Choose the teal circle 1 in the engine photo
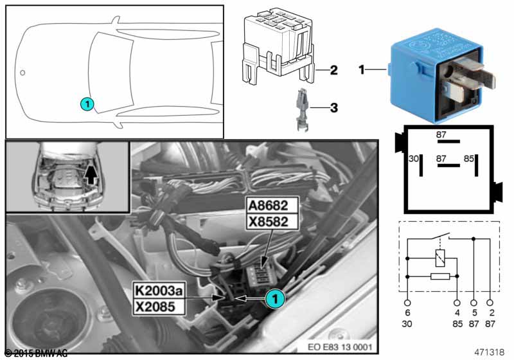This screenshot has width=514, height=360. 274,298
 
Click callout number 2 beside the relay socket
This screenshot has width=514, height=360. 333,69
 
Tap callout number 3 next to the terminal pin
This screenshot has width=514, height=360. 333,107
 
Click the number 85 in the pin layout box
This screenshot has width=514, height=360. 468,158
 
